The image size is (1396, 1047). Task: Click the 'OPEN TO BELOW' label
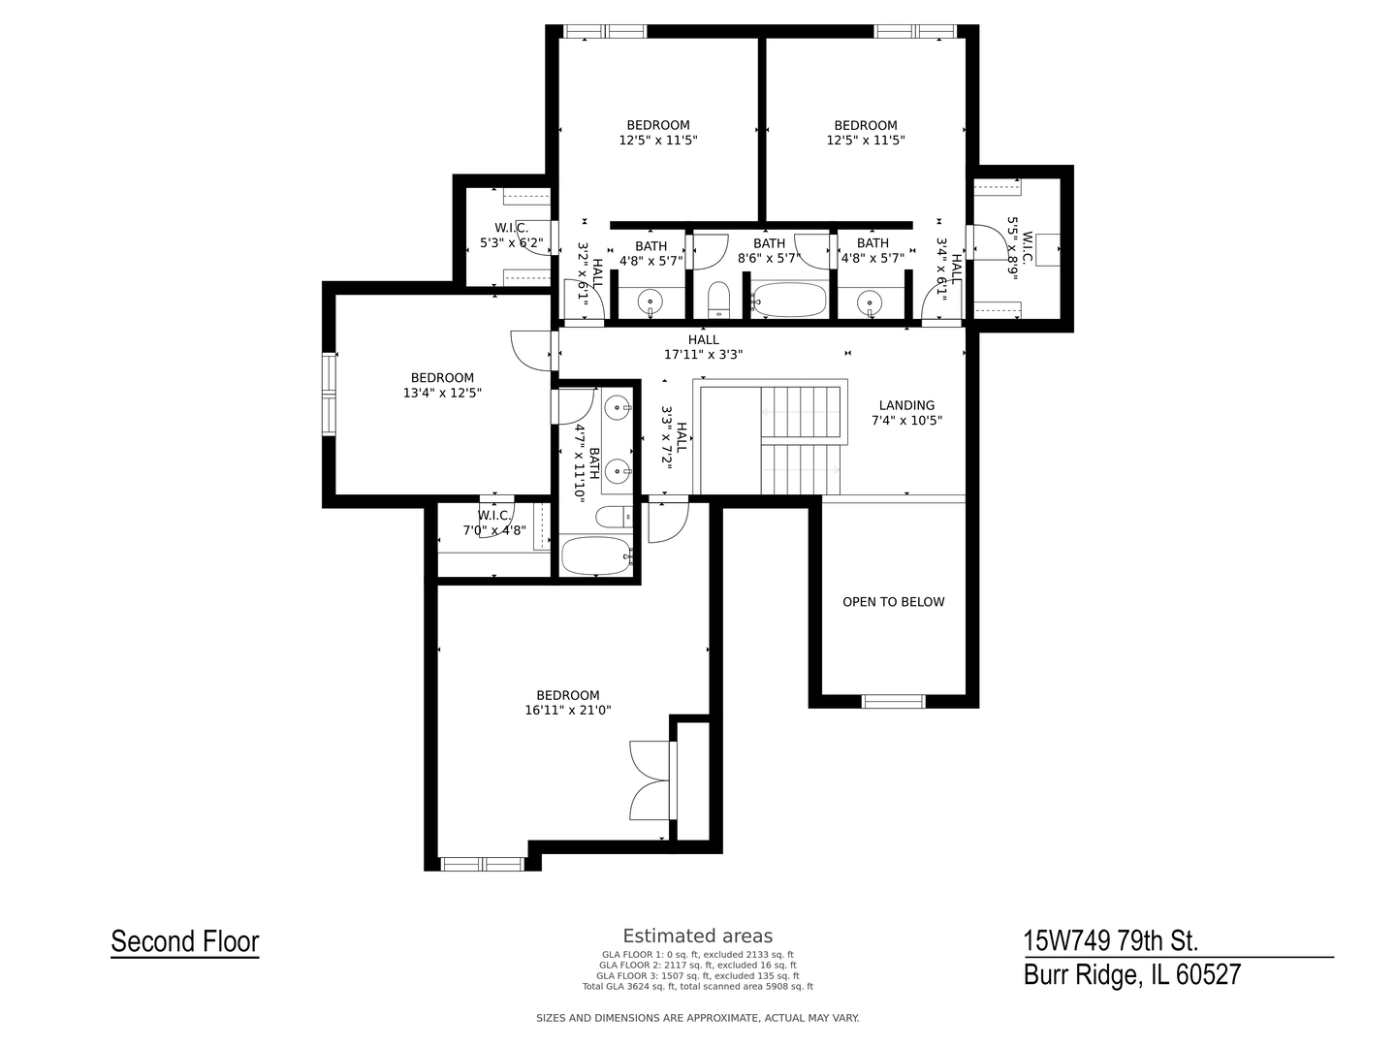coord(893,602)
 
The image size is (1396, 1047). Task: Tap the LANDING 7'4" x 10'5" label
coord(906,413)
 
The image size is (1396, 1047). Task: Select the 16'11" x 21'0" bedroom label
coord(568,703)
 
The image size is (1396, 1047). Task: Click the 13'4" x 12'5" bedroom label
coord(442,386)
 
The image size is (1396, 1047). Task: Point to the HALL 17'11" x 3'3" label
coord(703,347)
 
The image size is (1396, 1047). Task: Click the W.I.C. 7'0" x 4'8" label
coord(494,523)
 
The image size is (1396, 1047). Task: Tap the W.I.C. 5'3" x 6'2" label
coord(511,236)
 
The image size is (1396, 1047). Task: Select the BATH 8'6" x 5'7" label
coord(769,251)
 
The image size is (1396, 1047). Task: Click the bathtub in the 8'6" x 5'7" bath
coord(789,300)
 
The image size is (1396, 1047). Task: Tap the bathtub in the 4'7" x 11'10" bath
coord(595,556)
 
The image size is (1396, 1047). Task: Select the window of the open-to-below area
coord(893,701)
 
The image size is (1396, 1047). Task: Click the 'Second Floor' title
coord(185,941)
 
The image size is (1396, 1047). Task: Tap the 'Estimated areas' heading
coord(697,936)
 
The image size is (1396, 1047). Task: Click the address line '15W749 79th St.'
coord(1111,940)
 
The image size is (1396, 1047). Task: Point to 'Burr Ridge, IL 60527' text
coord(1131,974)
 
